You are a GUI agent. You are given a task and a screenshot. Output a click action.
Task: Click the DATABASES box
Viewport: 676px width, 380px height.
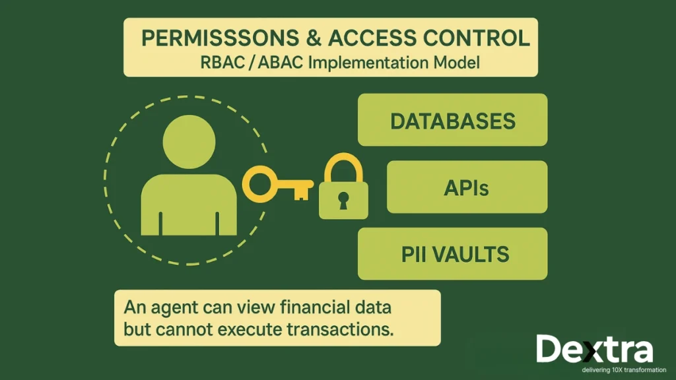452,120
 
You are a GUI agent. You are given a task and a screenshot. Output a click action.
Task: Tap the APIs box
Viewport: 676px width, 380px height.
467,187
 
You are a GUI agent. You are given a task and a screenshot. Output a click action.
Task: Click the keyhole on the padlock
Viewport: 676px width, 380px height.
343,200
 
